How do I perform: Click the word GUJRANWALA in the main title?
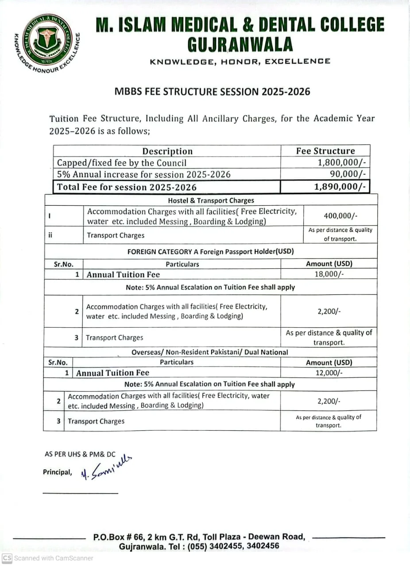(x=240, y=44)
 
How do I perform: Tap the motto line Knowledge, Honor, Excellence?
(x=240, y=61)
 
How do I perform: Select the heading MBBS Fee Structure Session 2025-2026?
(x=213, y=92)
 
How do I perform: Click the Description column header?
(x=167, y=151)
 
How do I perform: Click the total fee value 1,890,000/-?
(x=340, y=187)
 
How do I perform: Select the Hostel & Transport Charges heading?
(x=211, y=200)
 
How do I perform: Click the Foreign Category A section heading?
(x=210, y=252)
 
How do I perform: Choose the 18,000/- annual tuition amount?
(x=329, y=274)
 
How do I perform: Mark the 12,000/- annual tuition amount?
(x=329, y=373)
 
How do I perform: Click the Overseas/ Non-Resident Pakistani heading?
(x=210, y=352)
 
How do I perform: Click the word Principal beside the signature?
(x=57, y=472)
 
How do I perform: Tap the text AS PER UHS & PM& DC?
(x=80, y=454)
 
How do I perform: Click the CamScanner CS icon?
(x=7, y=558)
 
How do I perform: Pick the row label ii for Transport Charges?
(x=50, y=235)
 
